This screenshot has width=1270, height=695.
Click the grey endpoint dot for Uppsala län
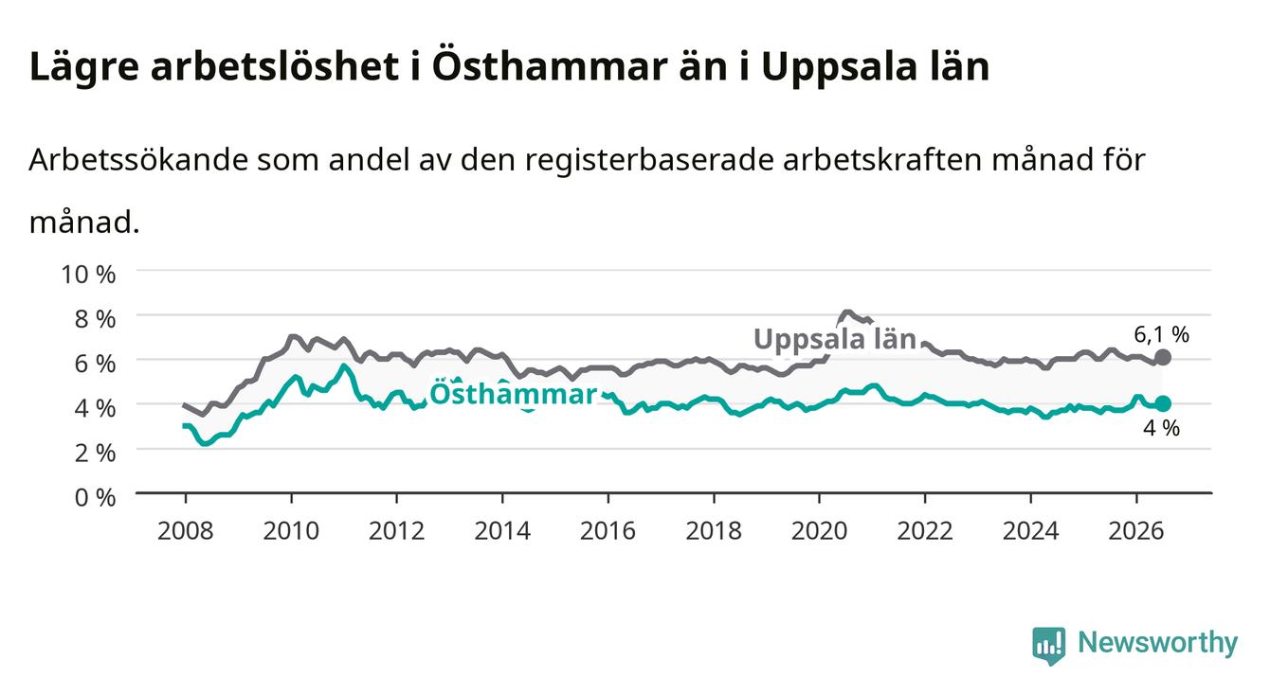pyautogui.click(x=1163, y=357)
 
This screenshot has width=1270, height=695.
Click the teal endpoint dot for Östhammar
pyautogui.click(x=1163, y=404)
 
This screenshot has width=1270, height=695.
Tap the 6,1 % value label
pyautogui.click(x=1161, y=335)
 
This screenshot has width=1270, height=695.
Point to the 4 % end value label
pyautogui.click(x=1161, y=428)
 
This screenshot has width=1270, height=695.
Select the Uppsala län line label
pyautogui.click(x=835, y=339)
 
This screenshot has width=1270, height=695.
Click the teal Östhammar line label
pyautogui.click(x=513, y=393)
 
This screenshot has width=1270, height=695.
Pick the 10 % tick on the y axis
pyautogui.click(x=88, y=275)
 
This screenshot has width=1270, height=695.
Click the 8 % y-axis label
pyautogui.click(x=95, y=319)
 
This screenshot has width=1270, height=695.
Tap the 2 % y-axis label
pyautogui.click(x=95, y=454)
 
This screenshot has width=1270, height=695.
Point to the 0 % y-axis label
pyautogui.click(x=95, y=498)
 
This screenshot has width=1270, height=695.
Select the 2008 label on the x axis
pyautogui.click(x=186, y=531)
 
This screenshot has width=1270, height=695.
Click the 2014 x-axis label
pyautogui.click(x=502, y=531)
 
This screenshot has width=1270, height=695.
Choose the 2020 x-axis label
pyautogui.click(x=819, y=531)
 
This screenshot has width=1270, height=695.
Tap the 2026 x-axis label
pyautogui.click(x=1136, y=531)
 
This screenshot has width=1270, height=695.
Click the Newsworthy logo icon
pyautogui.click(x=1049, y=645)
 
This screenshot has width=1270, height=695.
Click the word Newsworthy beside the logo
pyautogui.click(x=1158, y=643)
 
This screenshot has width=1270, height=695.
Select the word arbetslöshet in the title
pyautogui.click(x=275, y=67)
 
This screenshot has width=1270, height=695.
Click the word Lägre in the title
pyautogui.click(x=84, y=68)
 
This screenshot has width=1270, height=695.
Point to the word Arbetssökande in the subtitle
pyautogui.click(x=138, y=160)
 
